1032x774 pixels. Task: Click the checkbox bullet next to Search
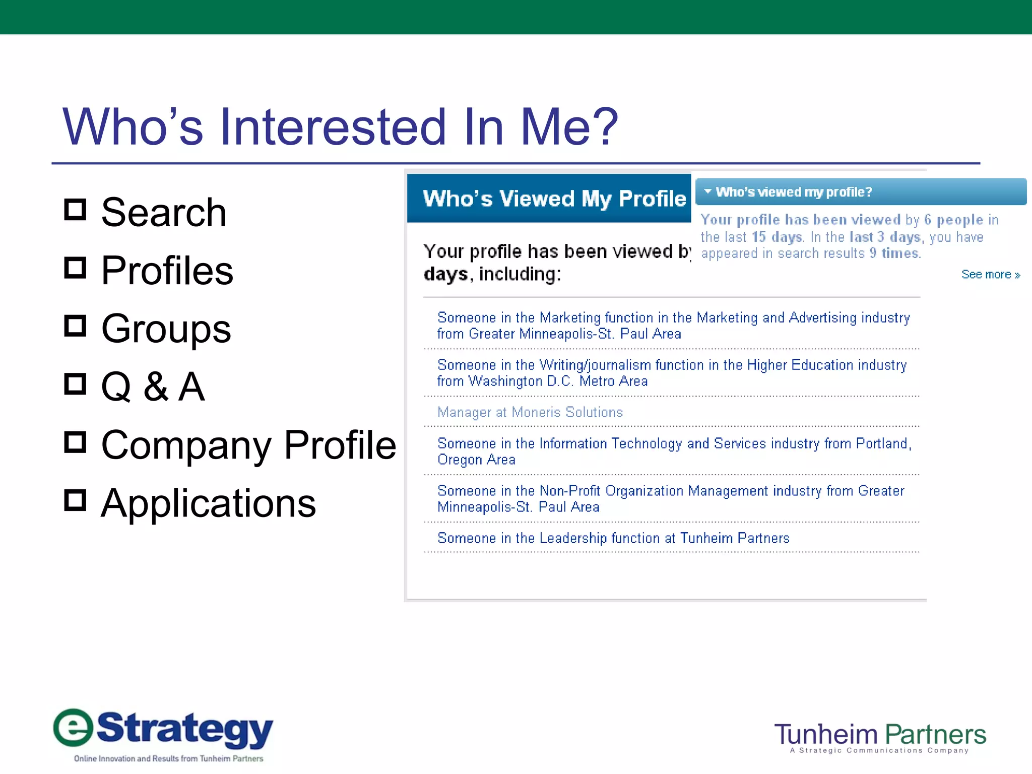click(76, 210)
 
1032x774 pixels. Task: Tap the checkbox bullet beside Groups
click(76, 326)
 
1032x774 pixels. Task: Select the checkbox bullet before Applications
click(76, 500)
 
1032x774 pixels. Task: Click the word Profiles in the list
click(167, 271)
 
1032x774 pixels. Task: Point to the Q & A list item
click(153, 387)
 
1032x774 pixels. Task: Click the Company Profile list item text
click(248, 445)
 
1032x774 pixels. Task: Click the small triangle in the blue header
click(707, 191)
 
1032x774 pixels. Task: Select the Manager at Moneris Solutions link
click(530, 412)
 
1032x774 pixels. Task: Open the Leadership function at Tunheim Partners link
click(613, 538)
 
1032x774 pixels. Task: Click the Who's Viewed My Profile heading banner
click(553, 199)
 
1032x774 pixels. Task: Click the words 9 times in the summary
click(895, 253)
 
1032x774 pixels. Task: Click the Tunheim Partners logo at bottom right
click(880, 736)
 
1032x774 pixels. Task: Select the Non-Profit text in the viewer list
click(569, 491)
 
